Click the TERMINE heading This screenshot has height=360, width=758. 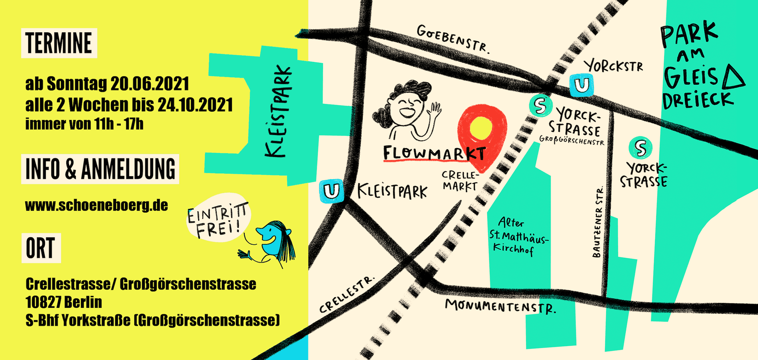(x=59, y=43)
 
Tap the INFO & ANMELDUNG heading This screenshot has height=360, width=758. (x=100, y=169)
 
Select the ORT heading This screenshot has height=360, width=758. (x=41, y=248)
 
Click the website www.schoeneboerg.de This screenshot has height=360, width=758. (x=96, y=205)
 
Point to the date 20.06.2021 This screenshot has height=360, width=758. (x=150, y=84)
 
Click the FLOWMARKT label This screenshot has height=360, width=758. (x=434, y=153)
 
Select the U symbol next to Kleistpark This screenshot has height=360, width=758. (x=331, y=191)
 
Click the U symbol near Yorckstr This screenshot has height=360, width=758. (x=582, y=85)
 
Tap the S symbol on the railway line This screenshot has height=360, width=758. (x=540, y=105)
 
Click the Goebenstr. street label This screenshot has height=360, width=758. (x=453, y=39)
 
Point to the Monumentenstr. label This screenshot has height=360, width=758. (x=500, y=306)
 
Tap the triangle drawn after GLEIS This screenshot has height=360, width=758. (x=734, y=77)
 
